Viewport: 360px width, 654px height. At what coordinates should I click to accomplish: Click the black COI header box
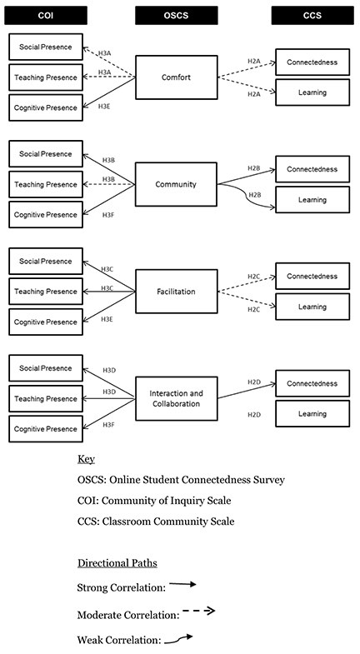(x=46, y=16)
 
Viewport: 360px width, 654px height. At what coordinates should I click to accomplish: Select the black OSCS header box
(x=177, y=16)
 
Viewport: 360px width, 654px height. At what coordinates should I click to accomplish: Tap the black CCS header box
(x=312, y=16)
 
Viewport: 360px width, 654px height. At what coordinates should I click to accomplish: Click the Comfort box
(x=177, y=77)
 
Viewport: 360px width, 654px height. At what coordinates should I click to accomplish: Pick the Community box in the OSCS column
(x=176, y=184)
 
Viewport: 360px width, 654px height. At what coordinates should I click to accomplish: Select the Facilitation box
(x=177, y=291)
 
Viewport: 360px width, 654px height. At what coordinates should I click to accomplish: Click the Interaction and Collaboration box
(x=177, y=398)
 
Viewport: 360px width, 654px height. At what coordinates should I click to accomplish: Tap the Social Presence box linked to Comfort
(x=46, y=47)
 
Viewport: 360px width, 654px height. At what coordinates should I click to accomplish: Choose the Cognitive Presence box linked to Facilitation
(x=46, y=322)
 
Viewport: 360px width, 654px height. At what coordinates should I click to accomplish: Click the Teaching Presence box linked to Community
(x=46, y=184)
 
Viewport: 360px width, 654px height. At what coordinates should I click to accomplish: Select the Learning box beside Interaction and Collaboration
(x=312, y=414)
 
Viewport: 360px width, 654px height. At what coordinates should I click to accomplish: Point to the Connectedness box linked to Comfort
(x=312, y=62)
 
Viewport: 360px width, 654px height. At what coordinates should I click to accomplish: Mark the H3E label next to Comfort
(x=104, y=107)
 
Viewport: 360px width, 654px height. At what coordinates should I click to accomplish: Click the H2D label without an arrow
(x=254, y=415)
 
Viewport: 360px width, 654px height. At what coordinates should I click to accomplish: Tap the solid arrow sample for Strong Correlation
(x=182, y=584)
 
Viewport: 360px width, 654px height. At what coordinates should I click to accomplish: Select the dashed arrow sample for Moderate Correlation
(x=199, y=611)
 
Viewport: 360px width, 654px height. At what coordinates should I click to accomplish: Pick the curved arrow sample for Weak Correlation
(x=178, y=639)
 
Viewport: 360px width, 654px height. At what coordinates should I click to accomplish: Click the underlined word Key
(x=86, y=459)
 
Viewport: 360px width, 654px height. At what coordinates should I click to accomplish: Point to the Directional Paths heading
(x=117, y=563)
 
